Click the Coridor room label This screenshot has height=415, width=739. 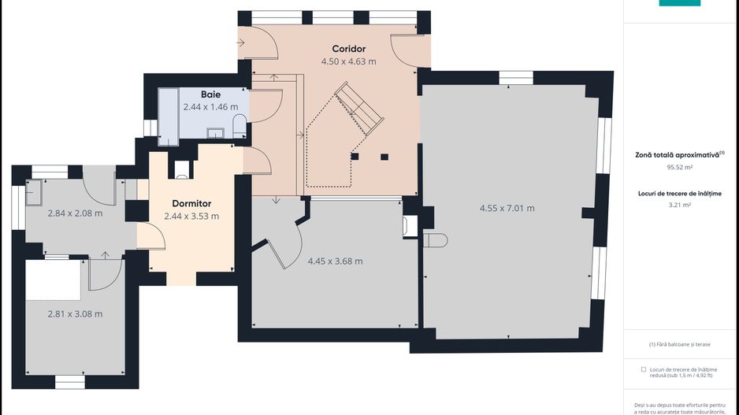(x=349, y=49)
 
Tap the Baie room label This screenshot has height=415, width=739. (x=210, y=94)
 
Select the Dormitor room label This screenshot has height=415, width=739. (x=191, y=203)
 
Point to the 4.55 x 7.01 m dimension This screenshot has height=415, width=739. (x=507, y=208)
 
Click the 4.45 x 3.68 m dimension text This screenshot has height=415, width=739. (x=335, y=261)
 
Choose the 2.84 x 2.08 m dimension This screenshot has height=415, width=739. (x=75, y=213)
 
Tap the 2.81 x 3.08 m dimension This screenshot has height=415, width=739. (x=75, y=313)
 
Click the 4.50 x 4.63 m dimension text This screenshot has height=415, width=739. (x=349, y=61)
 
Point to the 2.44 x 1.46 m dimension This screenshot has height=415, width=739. (x=210, y=107)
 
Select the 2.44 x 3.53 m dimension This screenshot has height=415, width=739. (x=191, y=217)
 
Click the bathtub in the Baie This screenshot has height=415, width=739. (x=169, y=117)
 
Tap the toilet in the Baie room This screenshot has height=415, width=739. (x=240, y=126)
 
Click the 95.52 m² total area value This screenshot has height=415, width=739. (x=680, y=167)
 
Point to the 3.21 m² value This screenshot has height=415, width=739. (x=680, y=205)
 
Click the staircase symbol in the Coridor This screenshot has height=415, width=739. (x=359, y=109)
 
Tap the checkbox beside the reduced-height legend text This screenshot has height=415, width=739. (x=644, y=370)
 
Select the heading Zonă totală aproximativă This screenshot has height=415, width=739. (x=678, y=154)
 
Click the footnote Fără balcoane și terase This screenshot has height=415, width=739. (x=680, y=344)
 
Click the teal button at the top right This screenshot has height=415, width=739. (x=680, y=3)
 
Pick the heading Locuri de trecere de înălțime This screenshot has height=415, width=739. (x=680, y=193)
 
